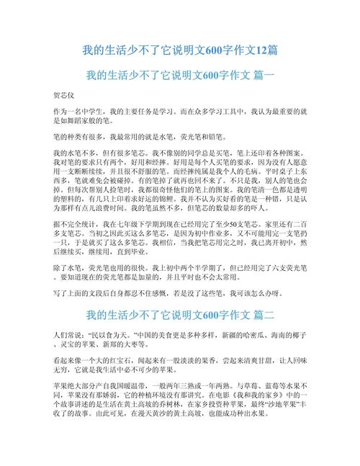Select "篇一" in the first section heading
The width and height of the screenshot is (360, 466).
tap(258, 76)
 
